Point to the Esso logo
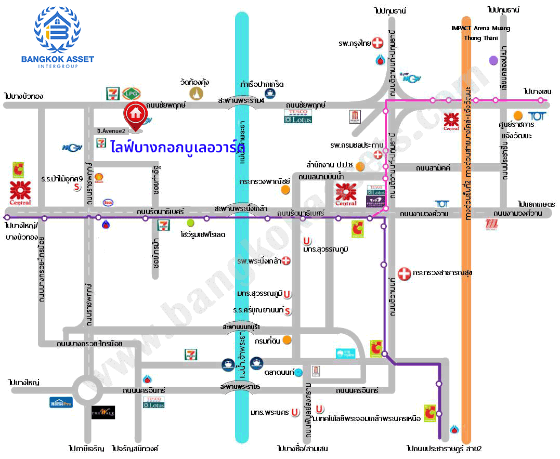click(x=108, y=202)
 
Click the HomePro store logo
click(x=61, y=402)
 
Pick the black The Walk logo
click(x=103, y=412)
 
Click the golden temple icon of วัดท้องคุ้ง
click(x=196, y=94)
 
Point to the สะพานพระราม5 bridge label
click(x=240, y=387)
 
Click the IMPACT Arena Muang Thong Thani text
click(x=481, y=33)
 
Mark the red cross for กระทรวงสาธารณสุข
click(x=403, y=273)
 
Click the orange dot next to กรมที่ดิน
click(x=286, y=340)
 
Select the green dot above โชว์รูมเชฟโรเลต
click(x=190, y=222)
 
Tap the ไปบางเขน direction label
click(x=537, y=91)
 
